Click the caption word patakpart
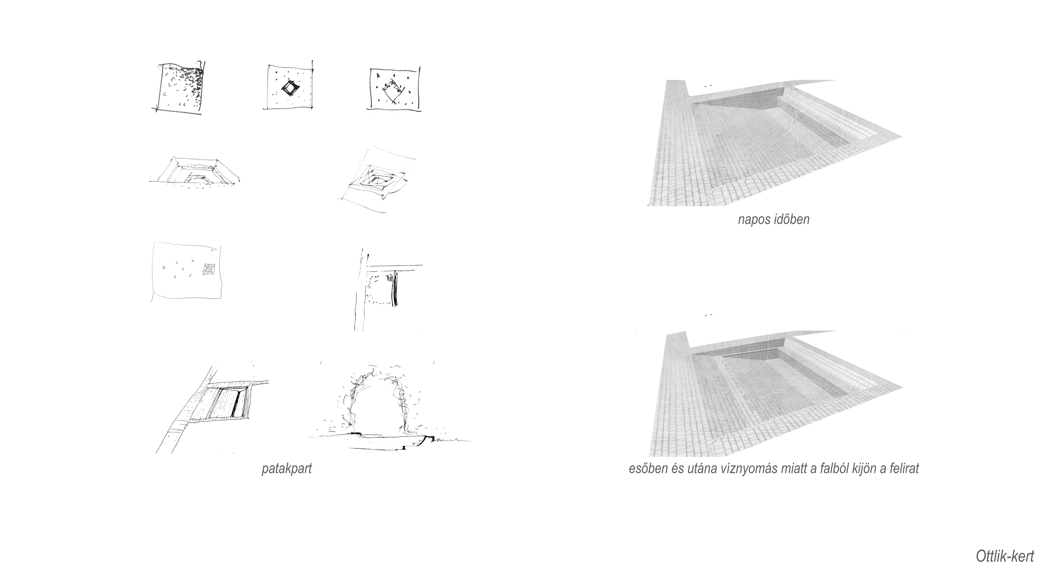point(287,469)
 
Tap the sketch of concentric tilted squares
point(377,180)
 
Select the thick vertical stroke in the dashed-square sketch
point(394,288)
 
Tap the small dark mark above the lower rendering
point(708,314)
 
